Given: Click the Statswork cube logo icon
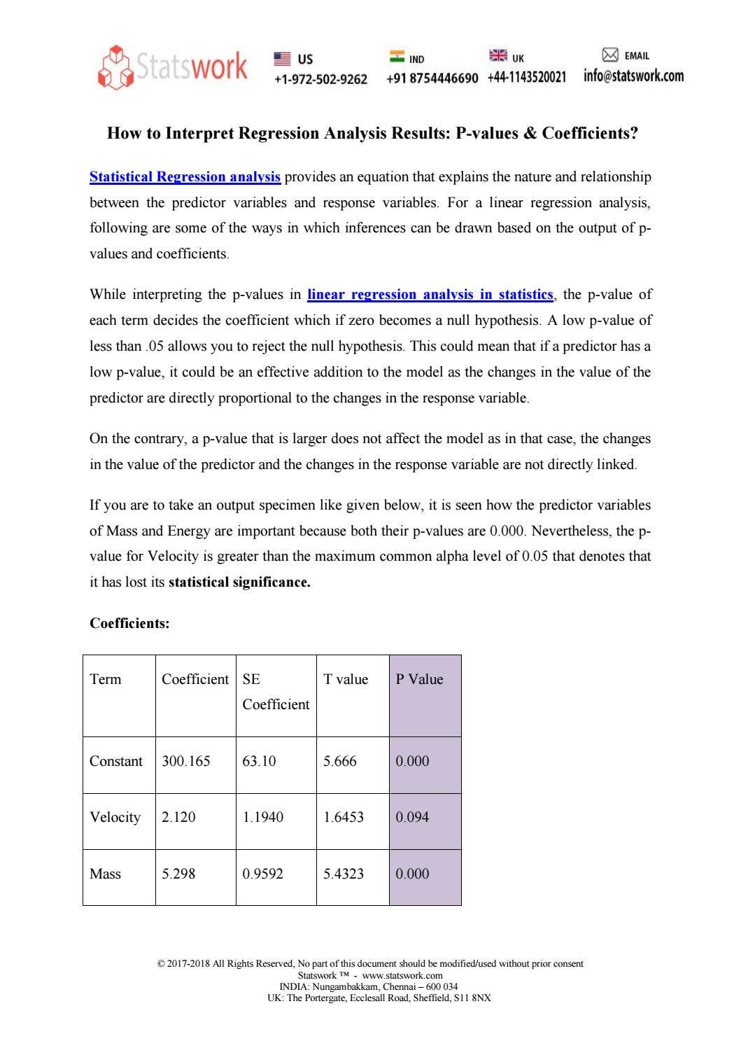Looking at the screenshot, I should tap(115, 67).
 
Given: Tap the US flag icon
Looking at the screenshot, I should tap(281, 58).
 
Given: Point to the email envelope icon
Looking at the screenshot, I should tap(610, 55).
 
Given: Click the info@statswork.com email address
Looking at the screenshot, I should tap(633, 76).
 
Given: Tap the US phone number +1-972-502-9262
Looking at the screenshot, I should tap(320, 79).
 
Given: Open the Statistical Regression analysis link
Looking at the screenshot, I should tap(185, 177).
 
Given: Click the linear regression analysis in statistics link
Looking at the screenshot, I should tap(430, 295).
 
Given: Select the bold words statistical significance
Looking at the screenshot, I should tap(239, 582).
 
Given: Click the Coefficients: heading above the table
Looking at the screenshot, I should tap(129, 623).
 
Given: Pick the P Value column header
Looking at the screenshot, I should tap(419, 680).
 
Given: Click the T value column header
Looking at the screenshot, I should tap(345, 680).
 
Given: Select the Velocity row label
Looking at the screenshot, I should tap(115, 818).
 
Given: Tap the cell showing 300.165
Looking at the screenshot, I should tap(185, 762).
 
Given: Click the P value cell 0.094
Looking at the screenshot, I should tap(412, 818).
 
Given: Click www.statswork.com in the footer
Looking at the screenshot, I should tap(402, 975).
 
